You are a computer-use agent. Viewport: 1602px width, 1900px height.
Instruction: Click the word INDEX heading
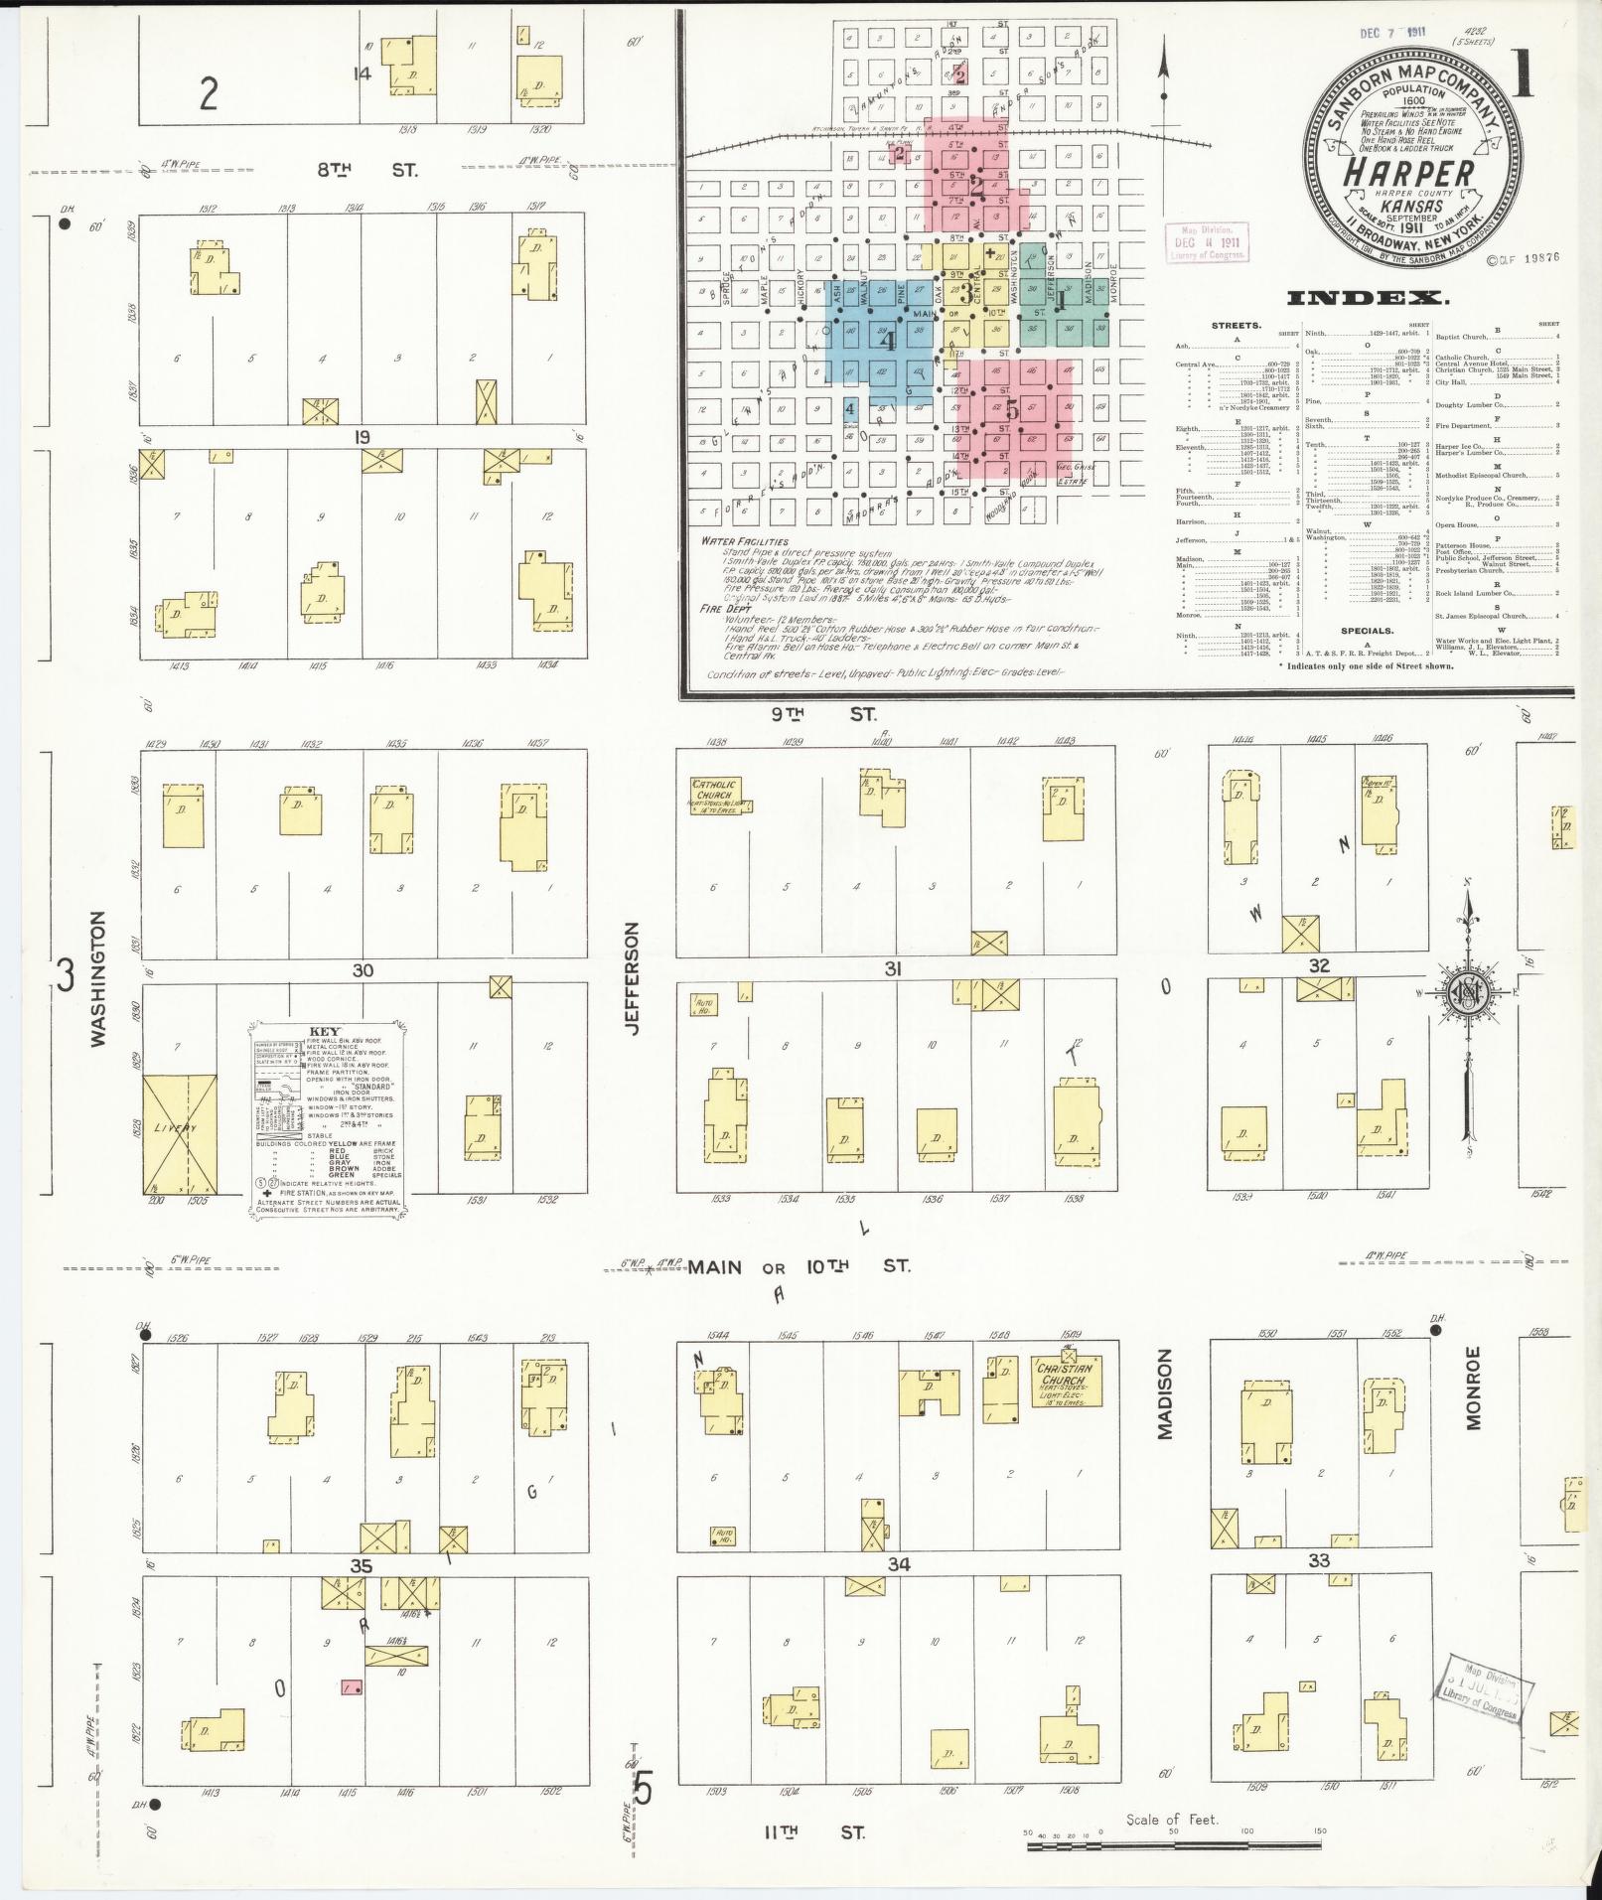1366,298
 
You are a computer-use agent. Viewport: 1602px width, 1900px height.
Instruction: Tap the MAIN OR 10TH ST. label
799,1266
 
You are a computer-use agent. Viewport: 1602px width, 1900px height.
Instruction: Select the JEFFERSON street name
632,977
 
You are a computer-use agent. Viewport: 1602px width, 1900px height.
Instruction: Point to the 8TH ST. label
366,170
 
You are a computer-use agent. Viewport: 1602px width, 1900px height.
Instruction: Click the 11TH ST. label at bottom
813,1832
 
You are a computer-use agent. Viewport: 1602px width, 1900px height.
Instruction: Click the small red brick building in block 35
351,1687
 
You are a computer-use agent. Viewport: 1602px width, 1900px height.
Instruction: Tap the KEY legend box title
325,1032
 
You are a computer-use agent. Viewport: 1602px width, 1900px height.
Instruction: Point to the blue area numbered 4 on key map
889,342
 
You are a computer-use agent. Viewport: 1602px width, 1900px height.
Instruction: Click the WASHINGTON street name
97,979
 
